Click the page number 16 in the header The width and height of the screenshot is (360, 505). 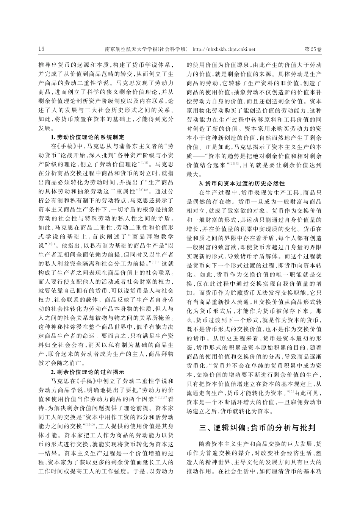coord(42,49)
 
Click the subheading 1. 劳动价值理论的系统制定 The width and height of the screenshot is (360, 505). coord(87,137)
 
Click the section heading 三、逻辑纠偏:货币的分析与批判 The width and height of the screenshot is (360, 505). coord(258,428)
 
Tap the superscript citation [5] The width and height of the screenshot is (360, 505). coord(292,389)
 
